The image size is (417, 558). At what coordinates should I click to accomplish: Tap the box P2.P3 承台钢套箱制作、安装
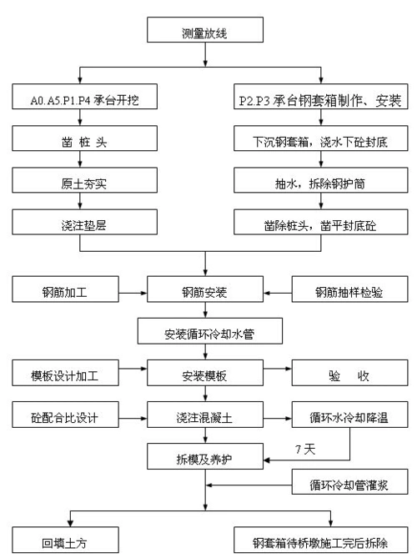(320, 100)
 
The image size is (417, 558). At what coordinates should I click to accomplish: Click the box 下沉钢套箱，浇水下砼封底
(320, 142)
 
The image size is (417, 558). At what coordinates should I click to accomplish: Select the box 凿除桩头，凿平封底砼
(320, 224)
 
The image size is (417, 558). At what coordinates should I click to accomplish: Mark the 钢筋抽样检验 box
(349, 292)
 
